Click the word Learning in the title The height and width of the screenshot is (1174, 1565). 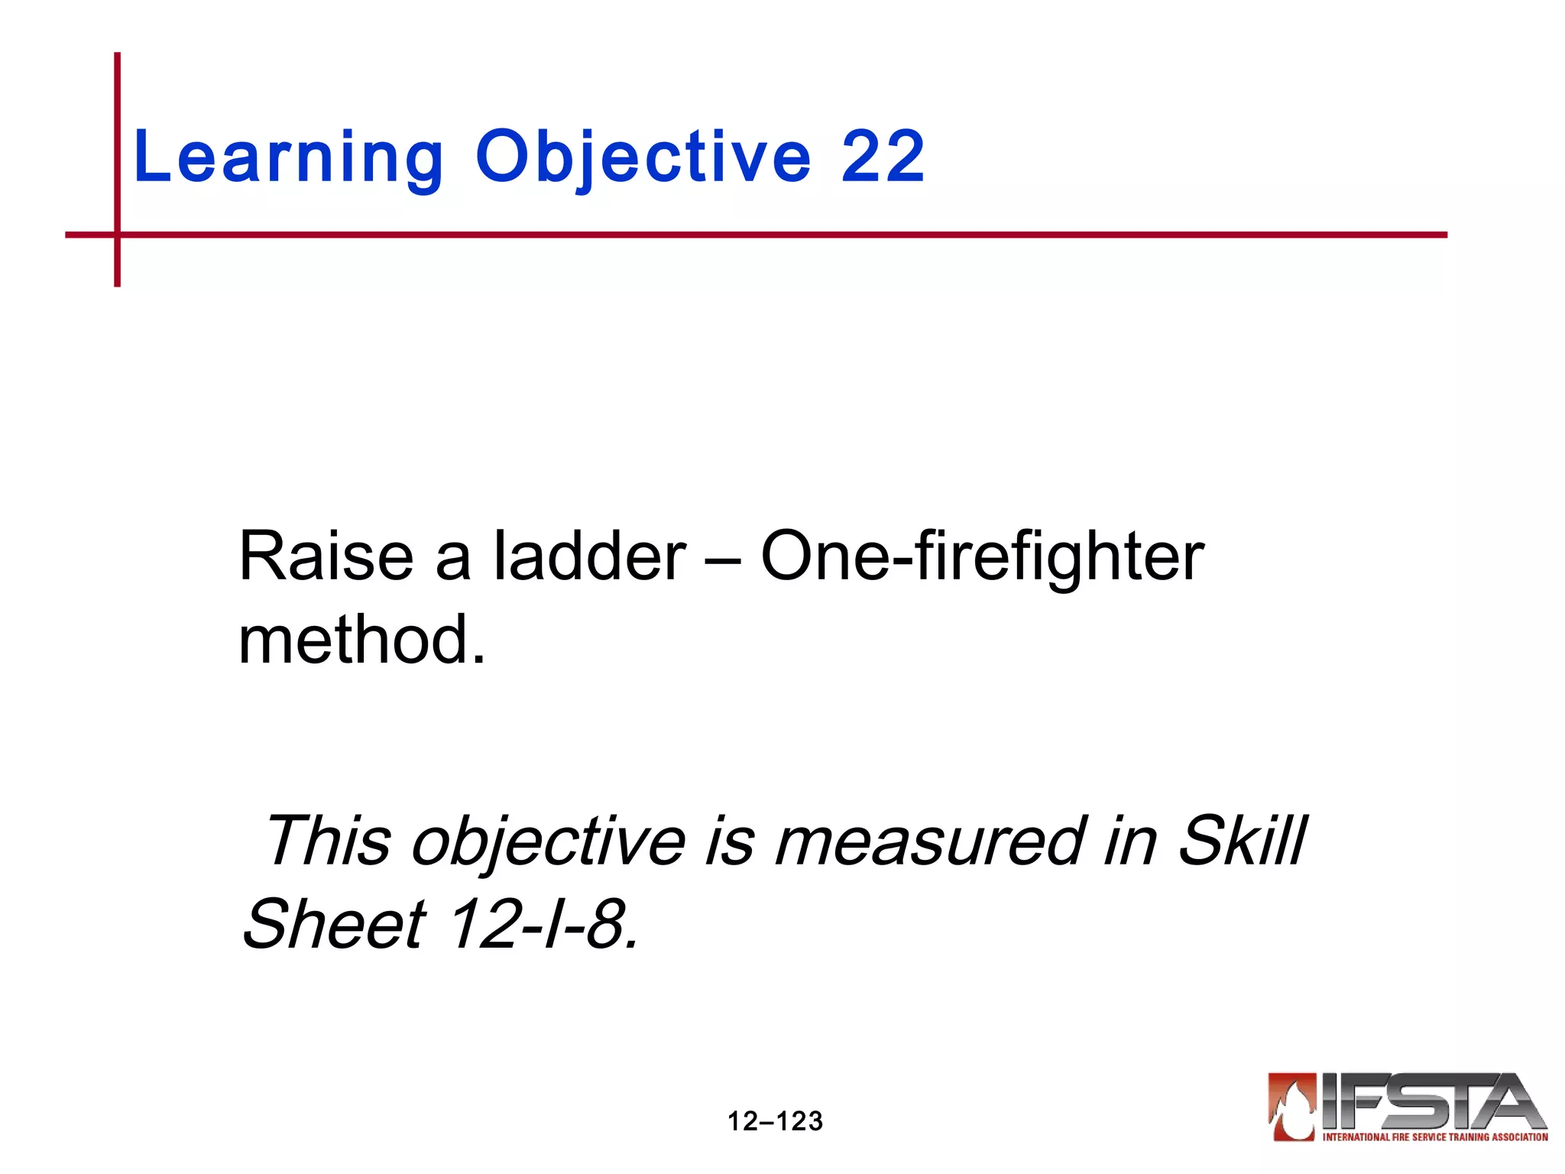click(287, 158)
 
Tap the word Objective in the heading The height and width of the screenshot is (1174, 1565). click(643, 158)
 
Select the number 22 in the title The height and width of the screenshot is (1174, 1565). click(883, 157)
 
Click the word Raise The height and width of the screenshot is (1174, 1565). click(326, 556)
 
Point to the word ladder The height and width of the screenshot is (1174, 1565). click(589, 556)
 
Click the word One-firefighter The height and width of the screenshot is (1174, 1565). click(982, 556)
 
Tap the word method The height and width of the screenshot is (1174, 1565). click(361, 640)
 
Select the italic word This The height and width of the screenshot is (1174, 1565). click(328, 841)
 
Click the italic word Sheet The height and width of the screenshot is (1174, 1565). click(334, 924)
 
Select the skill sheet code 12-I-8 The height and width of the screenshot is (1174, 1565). click(543, 924)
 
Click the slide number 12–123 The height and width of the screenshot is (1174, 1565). click(775, 1121)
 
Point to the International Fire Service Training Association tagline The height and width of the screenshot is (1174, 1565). click(1435, 1137)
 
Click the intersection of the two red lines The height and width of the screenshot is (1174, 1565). click(118, 235)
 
